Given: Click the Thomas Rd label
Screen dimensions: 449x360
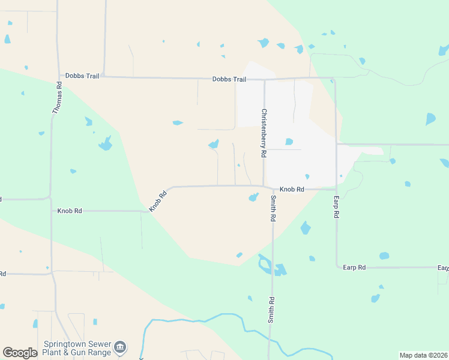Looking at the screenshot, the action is coord(58,98).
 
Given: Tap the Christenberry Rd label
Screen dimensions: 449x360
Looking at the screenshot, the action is coord(264,133).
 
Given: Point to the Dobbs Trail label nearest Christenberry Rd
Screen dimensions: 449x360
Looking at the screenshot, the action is coord(229,79).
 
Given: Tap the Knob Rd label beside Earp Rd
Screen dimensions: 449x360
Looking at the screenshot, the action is coord(292,189).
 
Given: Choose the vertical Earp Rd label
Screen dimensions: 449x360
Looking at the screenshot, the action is coord(337,206).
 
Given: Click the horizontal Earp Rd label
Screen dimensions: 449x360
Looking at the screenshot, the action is coord(354,267).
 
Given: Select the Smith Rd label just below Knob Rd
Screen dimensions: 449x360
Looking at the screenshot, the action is coord(273,209).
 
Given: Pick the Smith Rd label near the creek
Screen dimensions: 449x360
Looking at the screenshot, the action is coord(271,311).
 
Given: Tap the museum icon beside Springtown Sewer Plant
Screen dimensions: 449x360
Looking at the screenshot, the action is coord(121,347).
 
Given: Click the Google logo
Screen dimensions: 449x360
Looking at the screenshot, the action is coord(20,353).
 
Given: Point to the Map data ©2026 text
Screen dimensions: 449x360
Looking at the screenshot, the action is coord(423,355).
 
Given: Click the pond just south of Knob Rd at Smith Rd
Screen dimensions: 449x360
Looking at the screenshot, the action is coord(253,197).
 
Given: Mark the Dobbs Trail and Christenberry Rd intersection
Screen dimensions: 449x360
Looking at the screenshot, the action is coord(264,79).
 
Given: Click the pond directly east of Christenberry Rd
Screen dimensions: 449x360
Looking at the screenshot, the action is coord(289,142).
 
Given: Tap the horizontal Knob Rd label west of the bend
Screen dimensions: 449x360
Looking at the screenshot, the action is coord(70,211).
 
